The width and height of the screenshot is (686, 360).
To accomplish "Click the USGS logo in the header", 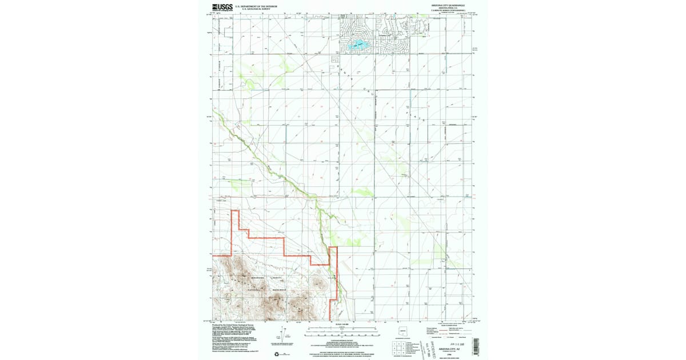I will (222, 7).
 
